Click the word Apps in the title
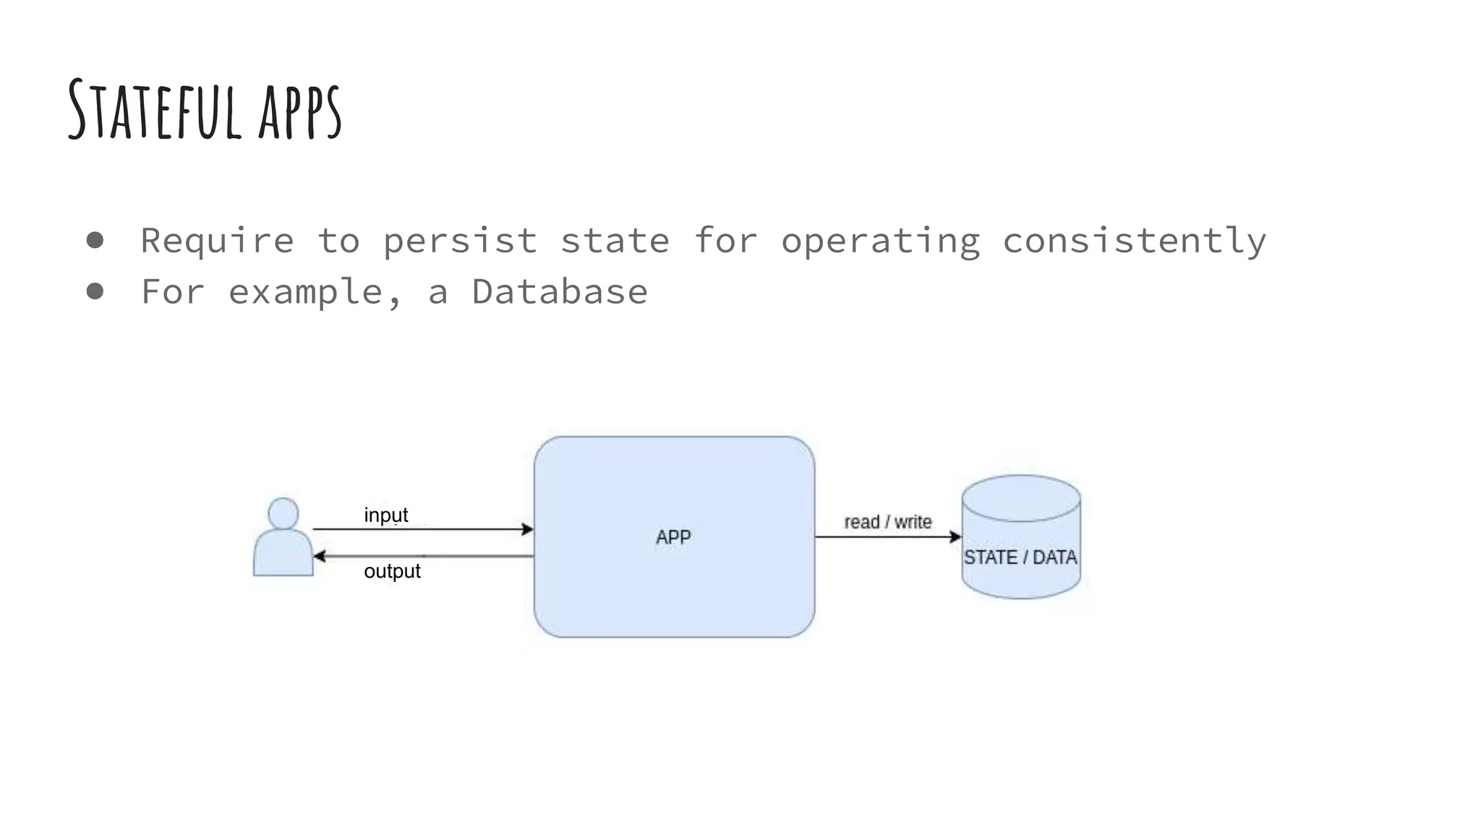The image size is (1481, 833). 299,111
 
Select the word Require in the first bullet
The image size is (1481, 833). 217,241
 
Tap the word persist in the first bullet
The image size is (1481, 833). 460,241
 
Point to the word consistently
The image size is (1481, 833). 1134,241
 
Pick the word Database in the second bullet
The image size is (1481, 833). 560,292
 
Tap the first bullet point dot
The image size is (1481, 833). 95,240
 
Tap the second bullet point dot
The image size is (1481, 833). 95,291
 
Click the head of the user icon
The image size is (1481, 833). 283,513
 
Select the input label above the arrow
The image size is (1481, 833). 386,515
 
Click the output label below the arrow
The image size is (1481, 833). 392,571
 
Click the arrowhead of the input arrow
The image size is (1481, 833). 528,529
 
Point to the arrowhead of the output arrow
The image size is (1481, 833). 319,556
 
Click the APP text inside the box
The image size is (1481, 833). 673,537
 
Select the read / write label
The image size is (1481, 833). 887,521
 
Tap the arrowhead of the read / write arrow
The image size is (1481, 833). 955,537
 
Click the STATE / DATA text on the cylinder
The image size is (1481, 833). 1020,557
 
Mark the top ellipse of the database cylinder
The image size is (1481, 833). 1021,497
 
